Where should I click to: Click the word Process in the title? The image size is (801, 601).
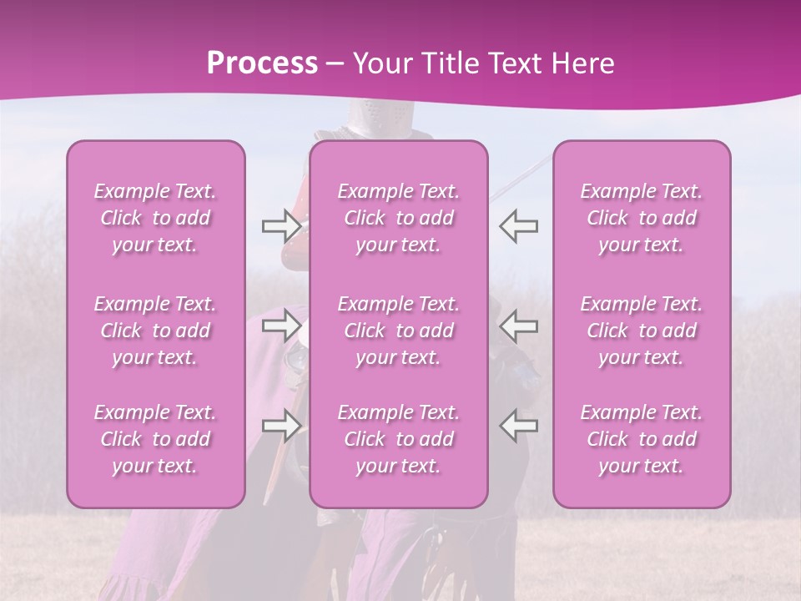point(262,63)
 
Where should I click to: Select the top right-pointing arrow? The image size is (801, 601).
point(281,225)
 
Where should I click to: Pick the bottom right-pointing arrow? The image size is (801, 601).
point(281,425)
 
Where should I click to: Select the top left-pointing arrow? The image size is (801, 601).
point(518,225)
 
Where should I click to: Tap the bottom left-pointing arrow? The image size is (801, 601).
point(518,425)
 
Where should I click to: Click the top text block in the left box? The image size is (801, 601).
point(155,218)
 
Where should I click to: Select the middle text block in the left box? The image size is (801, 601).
point(155,331)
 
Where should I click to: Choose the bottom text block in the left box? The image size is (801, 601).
point(155,439)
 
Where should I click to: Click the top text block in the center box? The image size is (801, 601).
point(399,218)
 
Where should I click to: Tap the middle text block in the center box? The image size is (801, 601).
point(399,331)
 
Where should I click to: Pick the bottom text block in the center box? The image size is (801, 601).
point(399,439)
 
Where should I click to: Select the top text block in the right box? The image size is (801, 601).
point(642,218)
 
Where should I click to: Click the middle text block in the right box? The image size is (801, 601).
point(642,331)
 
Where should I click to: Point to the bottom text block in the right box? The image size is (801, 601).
point(642,439)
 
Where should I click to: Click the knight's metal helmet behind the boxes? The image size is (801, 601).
point(367,121)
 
